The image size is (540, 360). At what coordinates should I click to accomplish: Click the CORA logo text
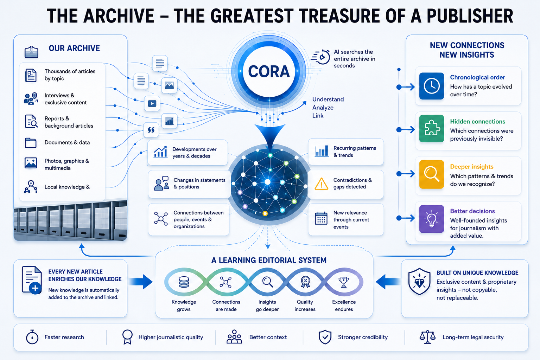coord(269,71)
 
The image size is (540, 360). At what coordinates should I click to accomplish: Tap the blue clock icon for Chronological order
coord(432,86)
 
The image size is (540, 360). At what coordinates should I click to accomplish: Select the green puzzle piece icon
coord(432,128)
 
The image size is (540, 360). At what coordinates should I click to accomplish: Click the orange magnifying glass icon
coord(432,174)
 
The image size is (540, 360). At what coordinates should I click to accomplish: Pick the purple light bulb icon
coord(432,219)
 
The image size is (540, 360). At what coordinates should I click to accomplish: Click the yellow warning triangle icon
coord(321,184)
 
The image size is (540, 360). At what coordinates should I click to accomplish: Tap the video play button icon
coord(152,103)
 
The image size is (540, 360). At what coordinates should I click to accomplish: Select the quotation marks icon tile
coord(151,130)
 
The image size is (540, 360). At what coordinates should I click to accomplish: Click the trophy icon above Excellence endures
coord(344,282)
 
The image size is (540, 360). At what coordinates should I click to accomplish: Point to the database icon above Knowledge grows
coord(184,282)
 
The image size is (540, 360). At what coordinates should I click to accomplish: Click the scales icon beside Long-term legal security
coord(427,337)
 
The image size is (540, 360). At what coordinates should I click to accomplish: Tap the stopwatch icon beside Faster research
coord(32,337)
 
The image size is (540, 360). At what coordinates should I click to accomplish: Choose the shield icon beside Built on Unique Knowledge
coord(419,282)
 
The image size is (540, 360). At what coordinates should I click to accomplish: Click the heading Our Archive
coord(74,48)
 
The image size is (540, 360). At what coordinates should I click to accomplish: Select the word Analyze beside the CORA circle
coord(323,108)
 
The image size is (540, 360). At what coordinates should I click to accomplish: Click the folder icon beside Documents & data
coord(31,143)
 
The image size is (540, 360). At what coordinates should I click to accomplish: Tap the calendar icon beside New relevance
coord(321,218)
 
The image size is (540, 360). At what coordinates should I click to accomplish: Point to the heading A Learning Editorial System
coord(269,260)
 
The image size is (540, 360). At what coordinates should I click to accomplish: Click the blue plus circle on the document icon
coord(35,288)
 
